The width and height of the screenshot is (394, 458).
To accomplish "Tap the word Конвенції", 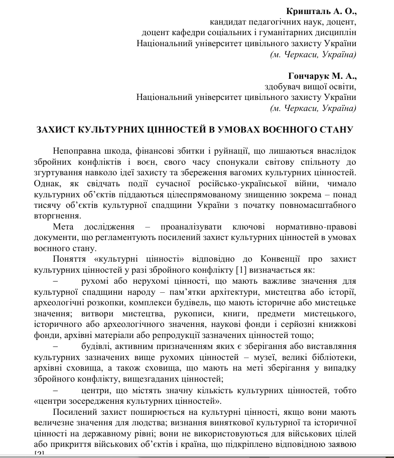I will pos(280,259).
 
